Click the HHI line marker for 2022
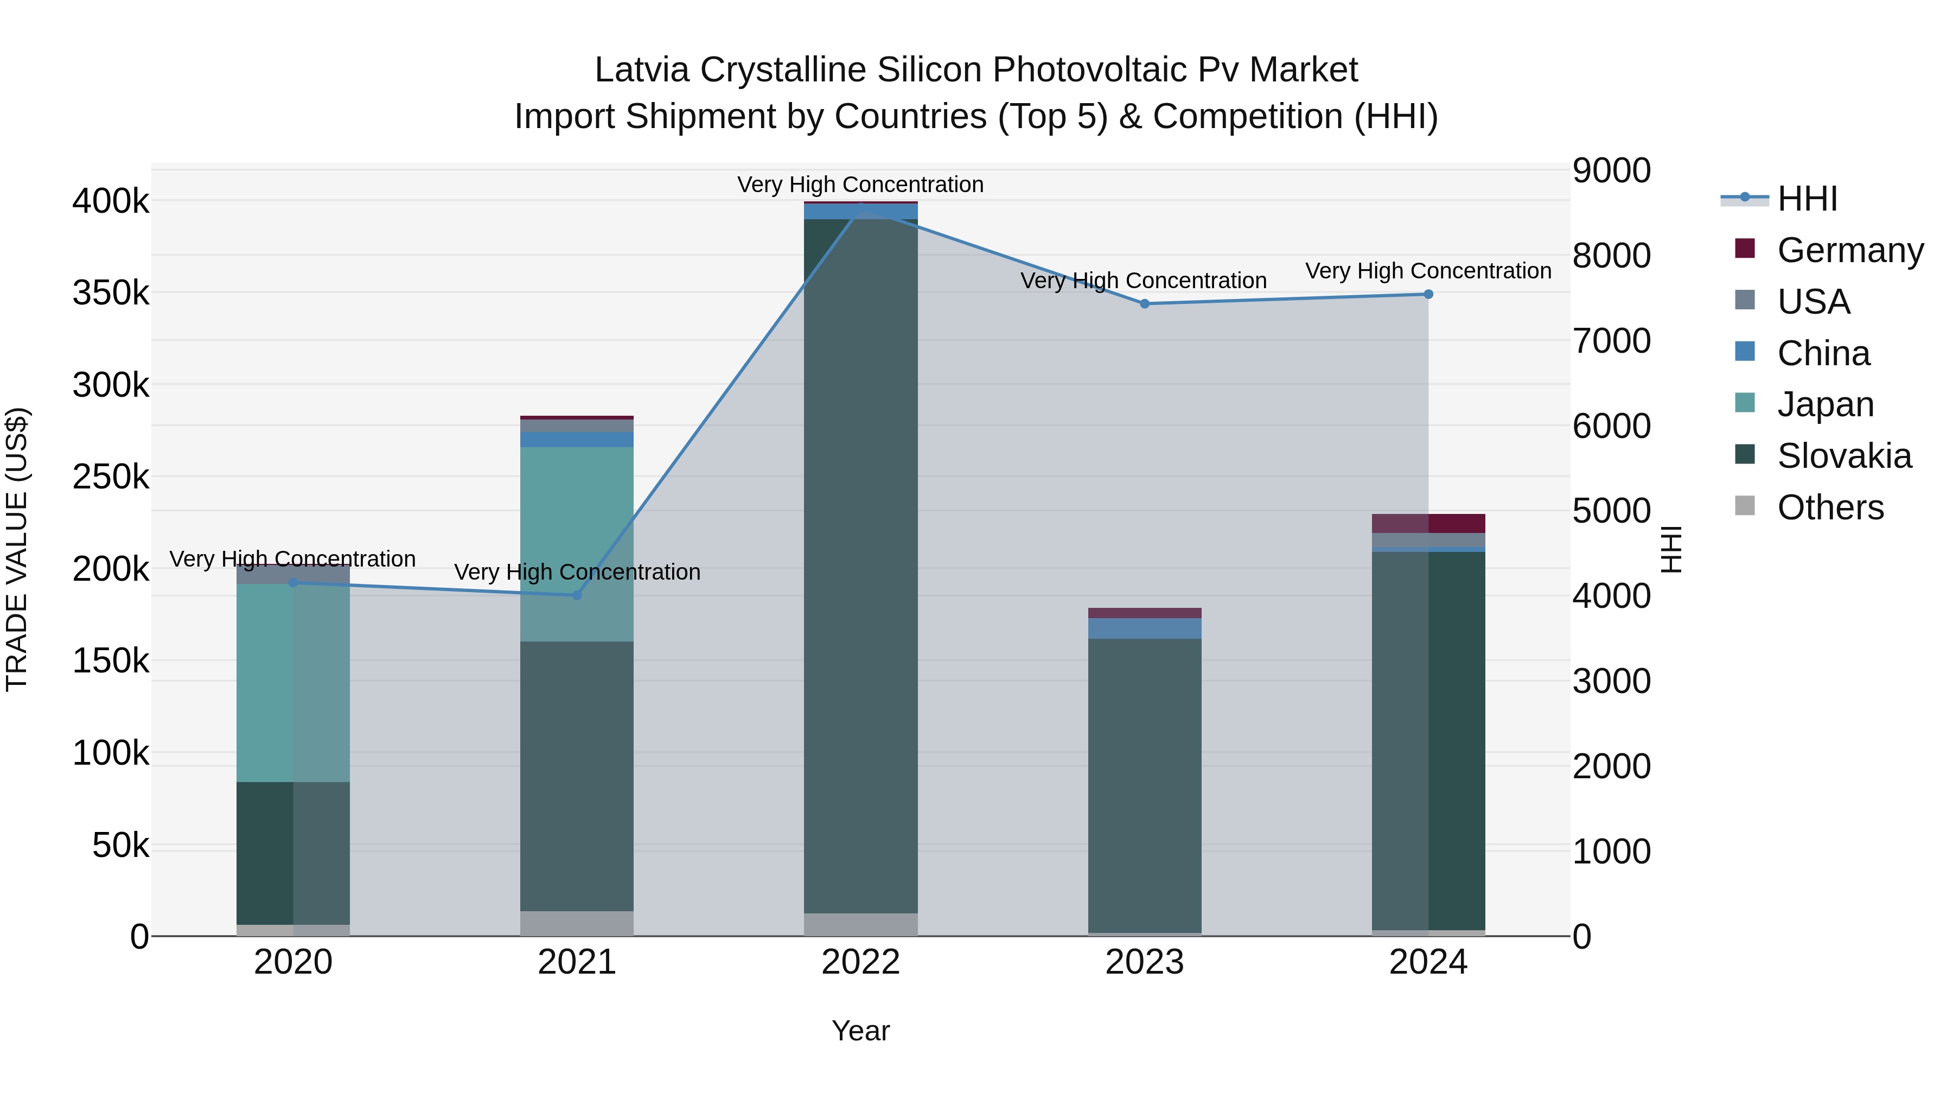point(860,207)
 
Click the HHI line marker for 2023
point(1144,303)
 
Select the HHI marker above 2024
point(1428,294)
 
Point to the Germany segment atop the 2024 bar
point(1428,523)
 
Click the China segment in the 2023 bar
point(1144,628)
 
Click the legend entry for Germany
point(1849,250)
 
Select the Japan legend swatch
point(1745,403)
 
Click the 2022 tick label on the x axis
point(860,962)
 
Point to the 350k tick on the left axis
point(111,293)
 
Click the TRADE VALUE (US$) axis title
point(17,549)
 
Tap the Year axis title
point(860,1031)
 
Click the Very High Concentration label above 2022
point(860,185)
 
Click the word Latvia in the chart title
point(641,70)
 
